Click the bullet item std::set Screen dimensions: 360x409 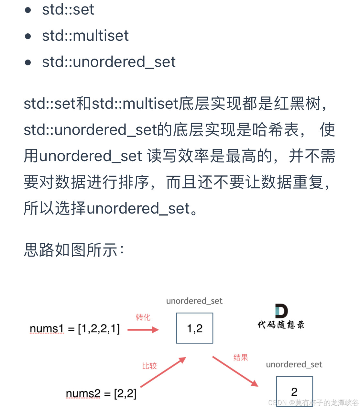(68, 9)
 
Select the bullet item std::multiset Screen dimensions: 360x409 (85, 36)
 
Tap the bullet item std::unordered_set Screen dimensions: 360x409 (109, 62)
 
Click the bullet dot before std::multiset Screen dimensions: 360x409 (28, 36)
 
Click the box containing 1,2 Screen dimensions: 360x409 (194, 328)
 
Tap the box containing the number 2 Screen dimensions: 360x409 (294, 391)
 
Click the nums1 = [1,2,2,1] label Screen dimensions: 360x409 (75, 329)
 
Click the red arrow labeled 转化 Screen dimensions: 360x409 (143, 330)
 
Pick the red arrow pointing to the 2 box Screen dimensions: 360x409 (235, 371)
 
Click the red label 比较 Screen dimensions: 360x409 (149, 366)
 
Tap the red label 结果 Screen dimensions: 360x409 (241, 358)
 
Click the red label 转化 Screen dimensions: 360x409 (143, 317)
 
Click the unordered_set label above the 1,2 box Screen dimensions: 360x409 (194, 301)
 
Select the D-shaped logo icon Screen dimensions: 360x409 (281, 311)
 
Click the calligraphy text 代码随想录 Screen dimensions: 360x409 (281, 325)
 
